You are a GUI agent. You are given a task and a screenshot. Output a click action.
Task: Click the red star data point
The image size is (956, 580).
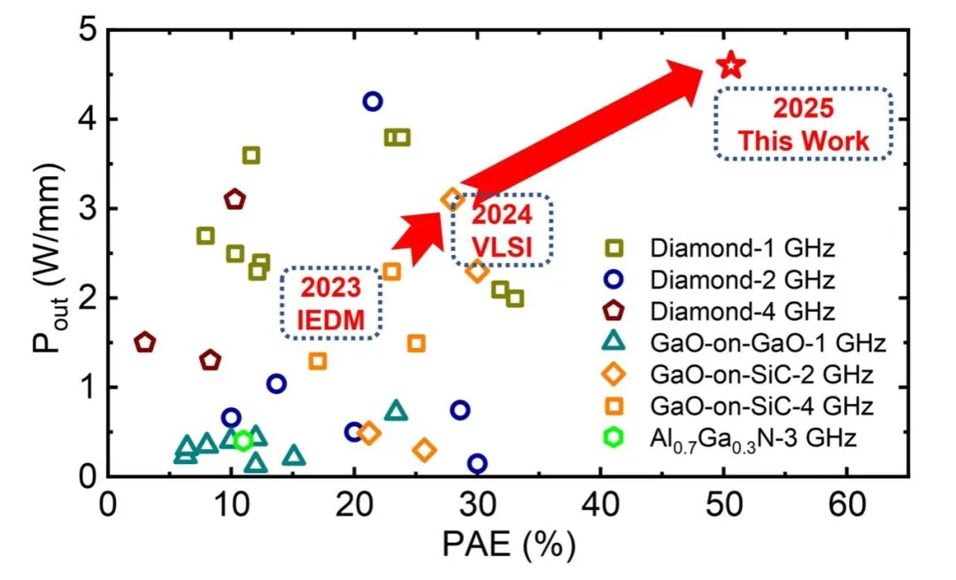click(732, 65)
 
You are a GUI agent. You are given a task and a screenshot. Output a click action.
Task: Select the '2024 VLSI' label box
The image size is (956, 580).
click(502, 229)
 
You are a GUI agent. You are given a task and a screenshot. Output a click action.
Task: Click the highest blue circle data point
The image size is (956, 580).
click(373, 102)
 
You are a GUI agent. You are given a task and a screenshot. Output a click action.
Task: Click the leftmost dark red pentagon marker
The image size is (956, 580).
click(145, 343)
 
